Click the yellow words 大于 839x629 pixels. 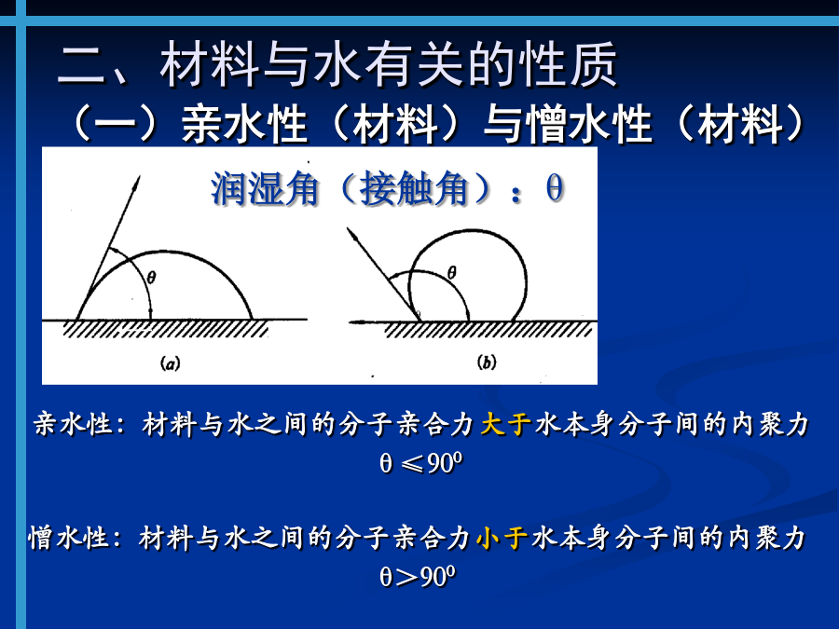coord(505,425)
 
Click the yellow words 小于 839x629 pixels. coord(502,538)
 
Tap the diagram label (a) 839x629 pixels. coord(171,364)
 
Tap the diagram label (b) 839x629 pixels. coord(487,362)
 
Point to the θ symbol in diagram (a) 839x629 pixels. coord(151,277)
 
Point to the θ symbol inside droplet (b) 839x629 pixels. coord(451,273)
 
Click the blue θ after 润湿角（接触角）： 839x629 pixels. coord(555,189)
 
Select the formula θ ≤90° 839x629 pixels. coord(421,462)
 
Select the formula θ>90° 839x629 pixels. coord(418,577)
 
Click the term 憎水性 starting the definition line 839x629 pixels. coord(69,538)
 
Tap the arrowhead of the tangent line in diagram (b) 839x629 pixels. coord(351,232)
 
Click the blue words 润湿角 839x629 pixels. coord(265,189)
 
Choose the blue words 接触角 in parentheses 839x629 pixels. coord(413,189)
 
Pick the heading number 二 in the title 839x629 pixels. coord(81,64)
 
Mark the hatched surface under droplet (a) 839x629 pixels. coord(165,329)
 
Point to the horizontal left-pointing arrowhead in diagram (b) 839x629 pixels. coord(356,322)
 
